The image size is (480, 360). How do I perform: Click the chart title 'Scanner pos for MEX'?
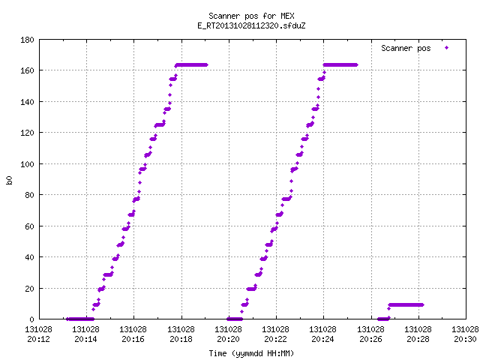(251, 16)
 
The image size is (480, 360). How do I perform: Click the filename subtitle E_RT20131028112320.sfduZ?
(251, 25)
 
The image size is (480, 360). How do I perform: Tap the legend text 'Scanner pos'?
(406, 48)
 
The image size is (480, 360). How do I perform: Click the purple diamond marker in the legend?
(447, 48)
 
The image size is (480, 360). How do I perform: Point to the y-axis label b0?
(9, 180)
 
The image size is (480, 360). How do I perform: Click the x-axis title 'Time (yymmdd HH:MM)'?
(251, 353)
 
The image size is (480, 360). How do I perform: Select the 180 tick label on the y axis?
(27, 40)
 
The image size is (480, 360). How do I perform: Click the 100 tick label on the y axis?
(27, 164)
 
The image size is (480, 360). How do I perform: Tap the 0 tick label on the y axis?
(31, 319)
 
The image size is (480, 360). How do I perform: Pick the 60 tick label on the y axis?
(29, 226)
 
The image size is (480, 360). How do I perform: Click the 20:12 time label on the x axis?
(38, 339)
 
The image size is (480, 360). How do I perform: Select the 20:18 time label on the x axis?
(181, 339)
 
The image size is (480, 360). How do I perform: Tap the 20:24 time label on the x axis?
(323, 339)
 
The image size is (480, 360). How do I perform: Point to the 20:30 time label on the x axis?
(465, 339)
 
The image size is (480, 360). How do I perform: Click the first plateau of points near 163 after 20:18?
(192, 65)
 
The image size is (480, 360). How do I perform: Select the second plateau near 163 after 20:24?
(340, 65)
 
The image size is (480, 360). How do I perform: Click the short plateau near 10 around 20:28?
(406, 305)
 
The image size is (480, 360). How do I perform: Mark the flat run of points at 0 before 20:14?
(80, 319)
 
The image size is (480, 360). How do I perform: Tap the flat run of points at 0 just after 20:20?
(235, 319)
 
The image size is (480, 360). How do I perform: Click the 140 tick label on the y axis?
(27, 102)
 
